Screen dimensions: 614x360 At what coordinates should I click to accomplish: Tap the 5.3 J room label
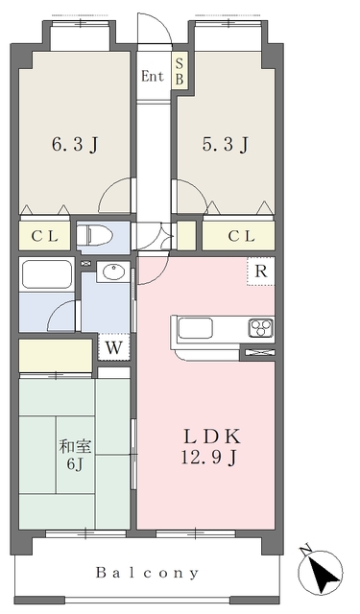coord(228,147)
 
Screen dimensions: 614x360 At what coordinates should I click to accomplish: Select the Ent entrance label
coord(153,76)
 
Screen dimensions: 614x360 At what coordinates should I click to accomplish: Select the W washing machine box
coord(113,346)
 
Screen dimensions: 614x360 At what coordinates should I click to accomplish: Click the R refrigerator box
coord(260,272)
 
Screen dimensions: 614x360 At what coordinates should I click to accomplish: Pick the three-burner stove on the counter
coord(262,327)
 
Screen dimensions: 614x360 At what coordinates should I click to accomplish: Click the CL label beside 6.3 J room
coord(44,236)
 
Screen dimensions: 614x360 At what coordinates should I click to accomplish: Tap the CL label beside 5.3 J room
coord(240,236)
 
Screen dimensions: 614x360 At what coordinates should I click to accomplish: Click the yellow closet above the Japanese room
coord(56,356)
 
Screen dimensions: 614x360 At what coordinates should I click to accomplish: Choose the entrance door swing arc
coord(156,31)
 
